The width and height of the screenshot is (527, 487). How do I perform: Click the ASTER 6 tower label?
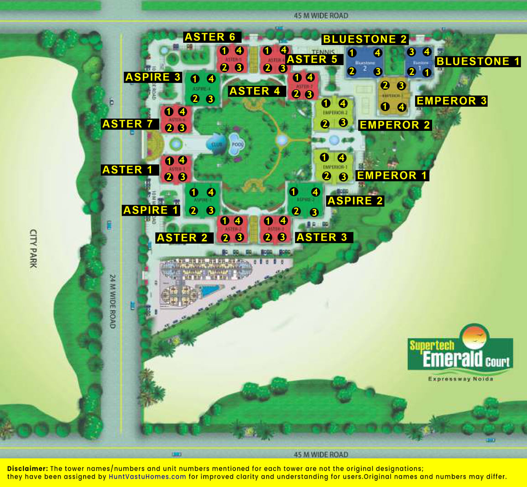(x=210, y=37)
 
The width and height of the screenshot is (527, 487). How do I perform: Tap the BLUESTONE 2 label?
(x=365, y=39)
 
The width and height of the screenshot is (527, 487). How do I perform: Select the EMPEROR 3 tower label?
(x=451, y=101)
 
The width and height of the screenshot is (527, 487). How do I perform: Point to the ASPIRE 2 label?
(x=355, y=201)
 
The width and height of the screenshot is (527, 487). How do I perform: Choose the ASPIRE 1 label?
(x=151, y=210)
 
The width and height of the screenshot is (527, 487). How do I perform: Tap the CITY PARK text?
(x=33, y=248)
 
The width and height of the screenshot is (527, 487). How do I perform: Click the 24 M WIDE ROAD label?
(x=113, y=301)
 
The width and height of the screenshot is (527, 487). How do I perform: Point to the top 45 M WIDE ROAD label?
(x=321, y=16)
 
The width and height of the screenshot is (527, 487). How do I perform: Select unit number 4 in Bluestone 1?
(x=427, y=52)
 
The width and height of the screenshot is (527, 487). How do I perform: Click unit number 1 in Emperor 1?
(x=324, y=157)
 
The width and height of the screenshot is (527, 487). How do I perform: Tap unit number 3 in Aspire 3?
(x=210, y=99)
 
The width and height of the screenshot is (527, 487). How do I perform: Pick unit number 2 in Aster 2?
(x=225, y=238)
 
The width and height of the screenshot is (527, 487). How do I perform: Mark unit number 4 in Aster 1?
(x=182, y=160)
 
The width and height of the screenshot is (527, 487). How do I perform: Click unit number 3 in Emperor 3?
(x=401, y=85)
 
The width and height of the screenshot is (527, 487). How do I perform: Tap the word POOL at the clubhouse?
(x=237, y=145)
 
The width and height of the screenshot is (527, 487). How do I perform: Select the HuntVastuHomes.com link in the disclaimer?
(x=147, y=477)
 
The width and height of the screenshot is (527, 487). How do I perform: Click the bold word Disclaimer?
(x=27, y=469)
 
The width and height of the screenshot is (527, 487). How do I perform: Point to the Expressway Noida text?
(x=460, y=379)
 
